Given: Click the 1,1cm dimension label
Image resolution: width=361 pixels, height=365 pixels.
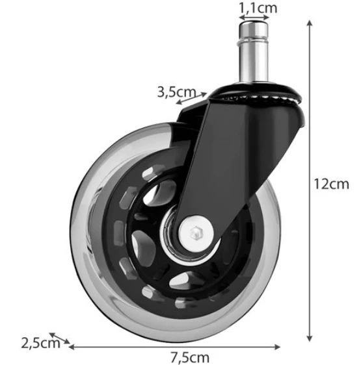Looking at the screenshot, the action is (x=258, y=8).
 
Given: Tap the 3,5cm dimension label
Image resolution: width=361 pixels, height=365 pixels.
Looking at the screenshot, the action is (x=176, y=92).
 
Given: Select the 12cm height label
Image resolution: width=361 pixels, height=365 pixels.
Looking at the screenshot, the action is (x=331, y=184).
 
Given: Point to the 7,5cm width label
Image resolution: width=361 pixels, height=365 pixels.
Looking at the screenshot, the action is (x=190, y=357).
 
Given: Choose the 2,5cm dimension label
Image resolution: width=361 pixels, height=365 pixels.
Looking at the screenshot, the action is (x=40, y=343).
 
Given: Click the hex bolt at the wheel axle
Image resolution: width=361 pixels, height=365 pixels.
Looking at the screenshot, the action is (x=196, y=233).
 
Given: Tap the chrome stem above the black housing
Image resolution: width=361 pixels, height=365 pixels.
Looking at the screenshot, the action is (x=253, y=52).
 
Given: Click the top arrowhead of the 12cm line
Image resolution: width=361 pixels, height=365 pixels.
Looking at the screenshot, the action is (x=310, y=23).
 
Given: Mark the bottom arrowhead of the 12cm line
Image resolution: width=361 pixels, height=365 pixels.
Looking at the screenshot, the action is (x=310, y=338).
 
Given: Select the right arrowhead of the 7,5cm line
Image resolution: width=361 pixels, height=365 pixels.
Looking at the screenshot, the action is (x=277, y=347).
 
